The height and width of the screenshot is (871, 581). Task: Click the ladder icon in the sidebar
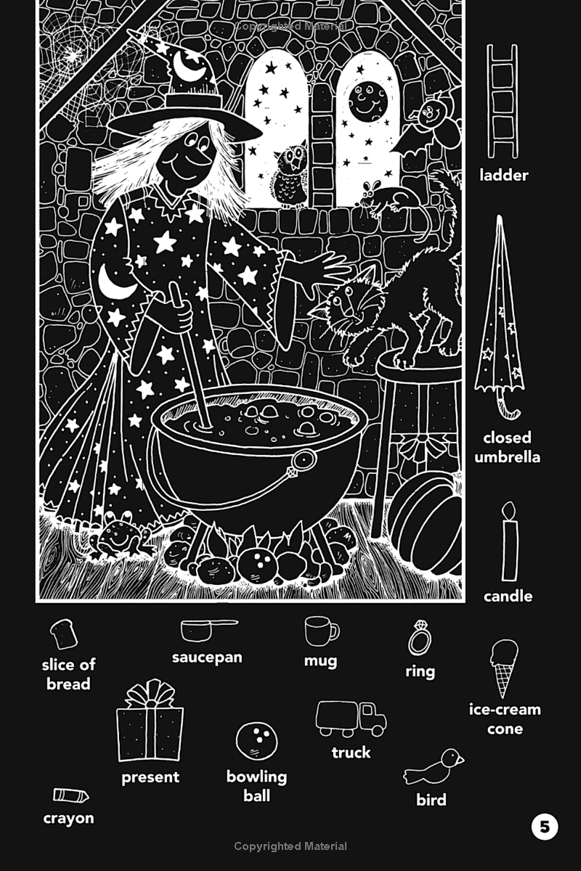[x=502, y=101]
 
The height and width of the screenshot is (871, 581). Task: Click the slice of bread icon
[x=64, y=633]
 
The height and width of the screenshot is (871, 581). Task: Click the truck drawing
[x=351, y=719]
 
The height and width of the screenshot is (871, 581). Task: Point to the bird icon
[x=435, y=766]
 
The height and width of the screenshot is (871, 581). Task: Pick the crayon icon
[x=70, y=796]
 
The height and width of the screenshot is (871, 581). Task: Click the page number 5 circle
[x=545, y=827]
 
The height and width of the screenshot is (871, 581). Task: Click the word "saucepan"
[x=207, y=658]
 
